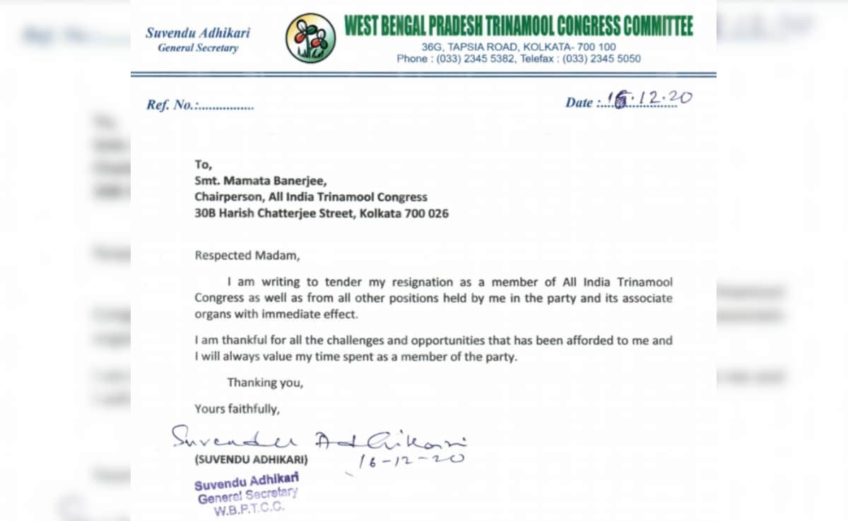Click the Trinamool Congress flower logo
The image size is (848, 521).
click(310, 37)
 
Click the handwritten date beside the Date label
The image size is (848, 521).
click(650, 100)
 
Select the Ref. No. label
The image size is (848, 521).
click(170, 105)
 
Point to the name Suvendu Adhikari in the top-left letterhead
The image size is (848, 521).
click(198, 32)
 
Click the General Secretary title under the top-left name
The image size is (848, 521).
click(198, 48)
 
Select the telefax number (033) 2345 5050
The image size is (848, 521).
click(600, 59)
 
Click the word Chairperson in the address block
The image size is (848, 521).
click(225, 197)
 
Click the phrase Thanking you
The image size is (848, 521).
click(265, 383)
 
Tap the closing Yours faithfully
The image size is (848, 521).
click(237, 408)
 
